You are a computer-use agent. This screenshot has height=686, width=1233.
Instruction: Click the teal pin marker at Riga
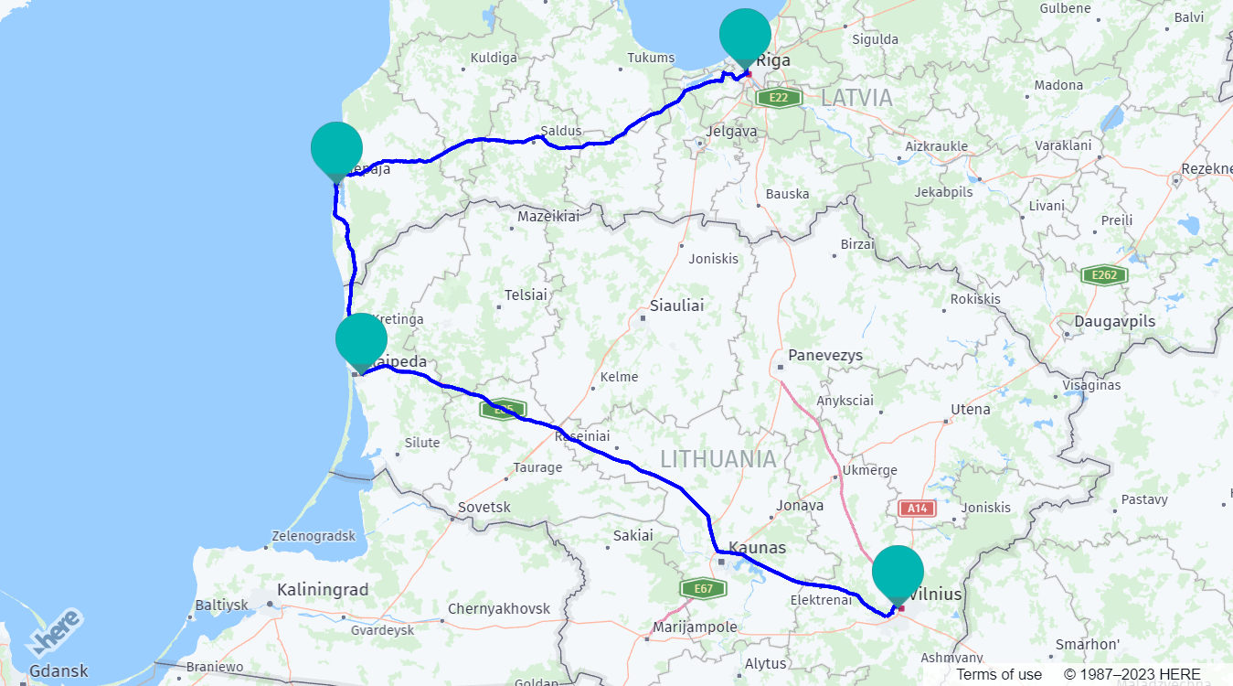(x=745, y=35)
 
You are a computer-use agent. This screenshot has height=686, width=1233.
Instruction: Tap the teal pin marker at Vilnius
(x=898, y=572)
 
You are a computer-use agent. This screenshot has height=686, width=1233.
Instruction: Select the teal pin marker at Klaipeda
(x=361, y=339)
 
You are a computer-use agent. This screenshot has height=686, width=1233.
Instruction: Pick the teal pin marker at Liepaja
(x=336, y=148)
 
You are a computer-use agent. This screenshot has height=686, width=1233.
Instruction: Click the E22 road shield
(x=779, y=97)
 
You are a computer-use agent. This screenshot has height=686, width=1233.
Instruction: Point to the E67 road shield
(x=703, y=588)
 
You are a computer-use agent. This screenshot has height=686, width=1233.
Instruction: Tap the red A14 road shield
(x=917, y=508)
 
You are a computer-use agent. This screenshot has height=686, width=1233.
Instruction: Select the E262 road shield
(x=1103, y=275)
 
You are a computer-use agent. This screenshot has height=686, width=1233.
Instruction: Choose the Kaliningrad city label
(x=323, y=590)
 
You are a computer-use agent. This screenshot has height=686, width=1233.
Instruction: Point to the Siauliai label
(x=676, y=305)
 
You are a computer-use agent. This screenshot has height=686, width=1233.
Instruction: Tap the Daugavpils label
(x=1114, y=322)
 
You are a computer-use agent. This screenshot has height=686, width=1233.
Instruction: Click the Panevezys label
(x=826, y=355)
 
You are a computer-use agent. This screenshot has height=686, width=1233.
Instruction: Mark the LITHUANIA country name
(x=718, y=458)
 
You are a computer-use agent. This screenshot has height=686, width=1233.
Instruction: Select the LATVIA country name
(x=856, y=97)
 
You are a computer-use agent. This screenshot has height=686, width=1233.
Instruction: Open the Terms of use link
(x=999, y=674)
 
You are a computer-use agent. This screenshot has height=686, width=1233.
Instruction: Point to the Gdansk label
(x=59, y=670)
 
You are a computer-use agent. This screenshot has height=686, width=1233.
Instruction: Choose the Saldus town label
(x=561, y=131)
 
